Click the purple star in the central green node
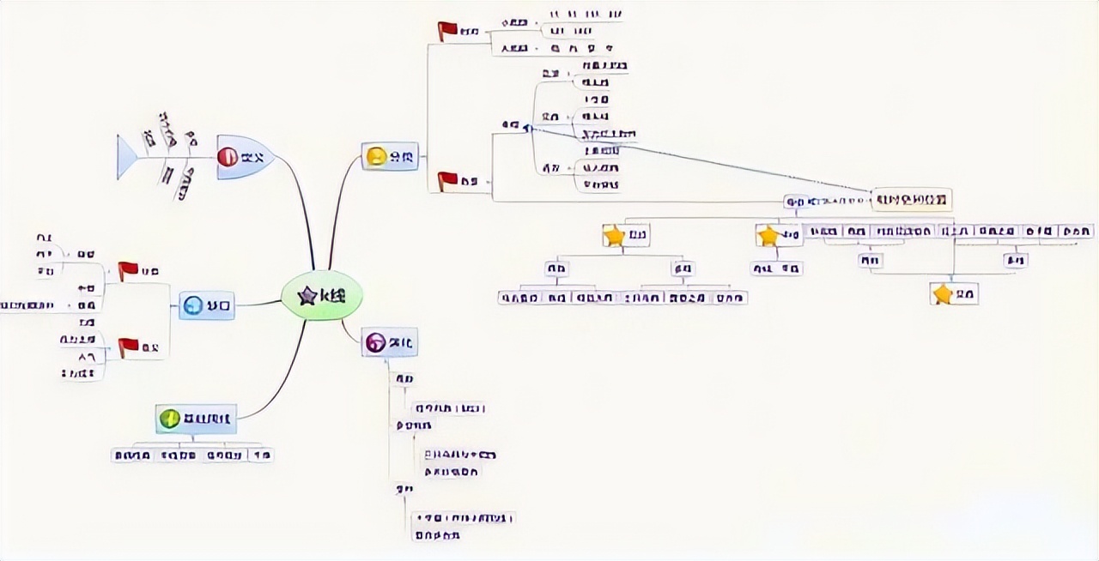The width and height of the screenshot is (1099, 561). (307, 296)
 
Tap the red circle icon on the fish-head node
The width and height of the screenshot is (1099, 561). (228, 157)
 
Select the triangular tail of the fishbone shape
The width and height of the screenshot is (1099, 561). (127, 157)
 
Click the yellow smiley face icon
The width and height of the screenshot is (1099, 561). (375, 156)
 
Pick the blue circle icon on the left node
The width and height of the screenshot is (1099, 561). (193, 305)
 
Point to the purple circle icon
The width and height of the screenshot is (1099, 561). (375, 342)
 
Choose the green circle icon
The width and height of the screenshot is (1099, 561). (169, 419)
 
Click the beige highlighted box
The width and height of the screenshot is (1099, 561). (912, 200)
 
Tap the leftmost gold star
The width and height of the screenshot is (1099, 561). (614, 235)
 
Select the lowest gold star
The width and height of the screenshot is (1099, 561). (943, 294)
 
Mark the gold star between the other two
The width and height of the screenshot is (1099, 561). (768, 235)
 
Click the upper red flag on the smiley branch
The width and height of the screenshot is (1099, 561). (447, 31)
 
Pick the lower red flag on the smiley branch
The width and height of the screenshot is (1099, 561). (447, 180)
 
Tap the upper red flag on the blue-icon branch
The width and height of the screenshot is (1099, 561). (128, 270)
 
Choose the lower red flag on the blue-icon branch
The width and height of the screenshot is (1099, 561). (128, 347)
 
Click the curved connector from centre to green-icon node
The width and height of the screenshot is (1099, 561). (283, 377)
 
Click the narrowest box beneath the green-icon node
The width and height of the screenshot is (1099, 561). (261, 455)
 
